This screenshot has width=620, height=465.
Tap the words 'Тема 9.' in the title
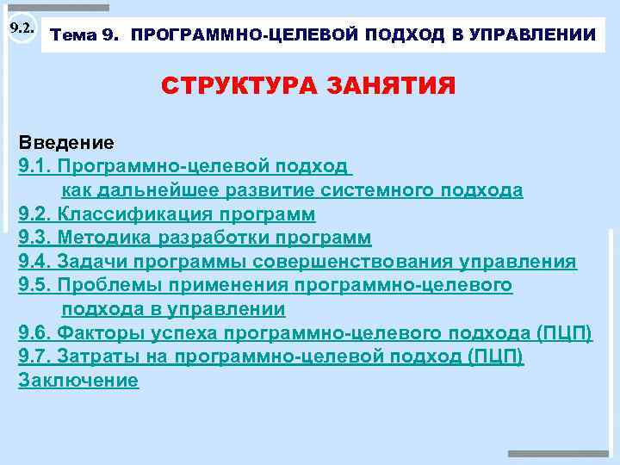pyautogui.click(x=86, y=35)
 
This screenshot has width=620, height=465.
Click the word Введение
pyautogui.click(x=66, y=141)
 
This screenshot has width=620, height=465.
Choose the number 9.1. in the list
pyautogui.click(x=35, y=165)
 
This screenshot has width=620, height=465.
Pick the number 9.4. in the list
pyautogui.click(x=35, y=262)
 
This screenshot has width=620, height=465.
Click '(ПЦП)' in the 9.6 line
pyautogui.click(x=564, y=333)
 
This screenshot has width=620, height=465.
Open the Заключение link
pyautogui.click(x=78, y=381)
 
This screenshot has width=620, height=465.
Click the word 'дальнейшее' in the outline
pyautogui.click(x=140, y=189)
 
